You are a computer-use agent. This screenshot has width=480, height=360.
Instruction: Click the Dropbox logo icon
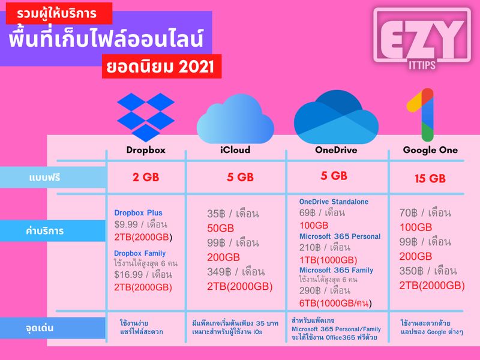[x=145, y=116]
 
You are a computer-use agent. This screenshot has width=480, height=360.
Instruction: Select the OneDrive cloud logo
[x=335, y=115]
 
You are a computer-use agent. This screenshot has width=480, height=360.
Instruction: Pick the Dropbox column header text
[x=146, y=150]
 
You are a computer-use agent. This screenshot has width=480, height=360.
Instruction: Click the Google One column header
[x=430, y=150]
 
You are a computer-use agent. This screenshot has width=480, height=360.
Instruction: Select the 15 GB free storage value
[x=430, y=178]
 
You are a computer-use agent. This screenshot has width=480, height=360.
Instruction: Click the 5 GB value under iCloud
[x=240, y=177]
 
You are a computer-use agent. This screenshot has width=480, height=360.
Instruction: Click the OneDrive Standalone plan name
[x=334, y=202]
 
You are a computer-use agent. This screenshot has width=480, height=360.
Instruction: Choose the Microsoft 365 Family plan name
[x=336, y=271]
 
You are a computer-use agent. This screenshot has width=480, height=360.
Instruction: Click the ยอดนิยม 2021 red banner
[x=162, y=67]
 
